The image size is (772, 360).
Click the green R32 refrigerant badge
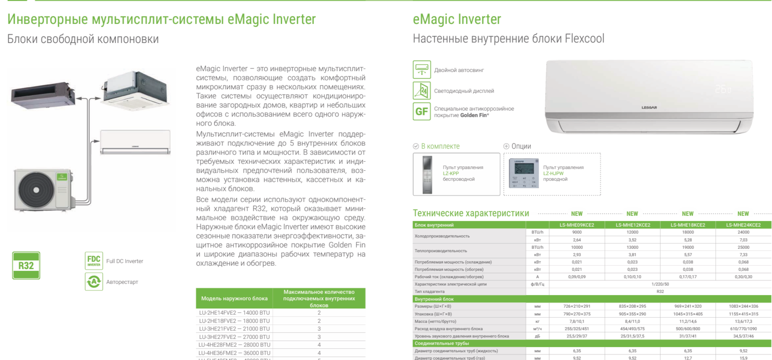26,265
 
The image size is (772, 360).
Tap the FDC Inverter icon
94,261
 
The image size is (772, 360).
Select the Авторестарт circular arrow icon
94,282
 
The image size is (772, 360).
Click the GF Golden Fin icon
421,112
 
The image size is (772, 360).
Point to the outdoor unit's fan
36,190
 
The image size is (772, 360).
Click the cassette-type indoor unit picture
136,90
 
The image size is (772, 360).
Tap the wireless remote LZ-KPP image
427,174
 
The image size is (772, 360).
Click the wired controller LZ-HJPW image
523,173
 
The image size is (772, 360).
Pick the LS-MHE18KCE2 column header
688,225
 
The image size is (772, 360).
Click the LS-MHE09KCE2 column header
577,225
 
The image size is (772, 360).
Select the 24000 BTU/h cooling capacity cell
743,232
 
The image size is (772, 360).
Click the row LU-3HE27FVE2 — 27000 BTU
234,337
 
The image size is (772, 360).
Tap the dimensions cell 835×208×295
632,306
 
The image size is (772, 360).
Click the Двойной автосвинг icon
421,70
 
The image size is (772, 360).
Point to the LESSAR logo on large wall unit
649,107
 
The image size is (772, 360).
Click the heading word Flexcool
584,39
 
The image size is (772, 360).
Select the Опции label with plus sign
517,146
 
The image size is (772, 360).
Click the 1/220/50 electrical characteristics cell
660,284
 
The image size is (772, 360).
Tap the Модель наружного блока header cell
234,298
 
